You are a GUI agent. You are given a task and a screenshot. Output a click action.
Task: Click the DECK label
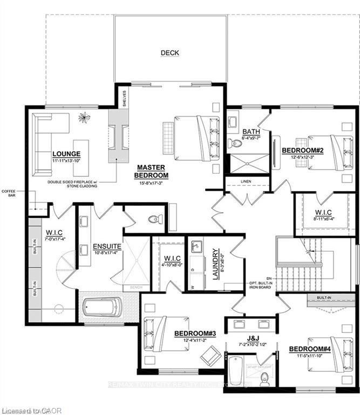coord(169,53)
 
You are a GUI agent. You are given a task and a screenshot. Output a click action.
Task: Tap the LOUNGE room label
coord(66,153)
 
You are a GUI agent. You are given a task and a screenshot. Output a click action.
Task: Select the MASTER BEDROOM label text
coord(152,171)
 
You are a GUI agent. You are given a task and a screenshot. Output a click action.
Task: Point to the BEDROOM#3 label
coord(195,333)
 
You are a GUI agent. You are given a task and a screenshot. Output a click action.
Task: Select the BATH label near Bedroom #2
coord(251,132)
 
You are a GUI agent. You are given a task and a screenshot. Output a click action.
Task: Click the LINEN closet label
coord(246,182)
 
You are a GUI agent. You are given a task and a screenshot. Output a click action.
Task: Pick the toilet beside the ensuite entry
coord(152,219)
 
